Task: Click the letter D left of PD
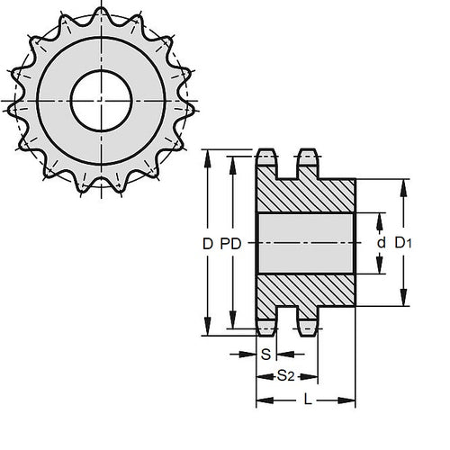coord(208,244)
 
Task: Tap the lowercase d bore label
coord(382,244)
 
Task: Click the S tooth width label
coord(265,355)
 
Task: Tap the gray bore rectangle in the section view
coord(306,244)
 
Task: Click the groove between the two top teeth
coord(287,166)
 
